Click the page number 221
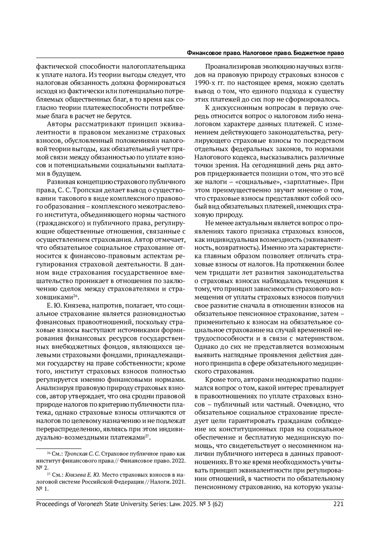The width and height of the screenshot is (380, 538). point(339,504)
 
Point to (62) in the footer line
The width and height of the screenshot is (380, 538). point(218,504)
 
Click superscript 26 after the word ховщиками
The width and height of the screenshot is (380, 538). point(75,296)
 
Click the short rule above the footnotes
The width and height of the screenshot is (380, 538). point(59,448)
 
